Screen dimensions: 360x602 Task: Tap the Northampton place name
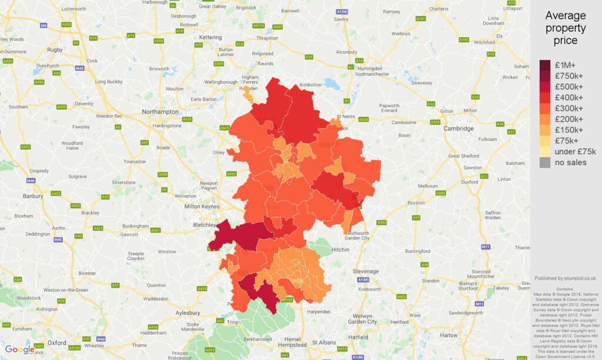coord(160,111)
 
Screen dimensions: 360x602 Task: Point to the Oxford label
coord(57,342)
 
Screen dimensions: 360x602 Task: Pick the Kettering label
coord(210,37)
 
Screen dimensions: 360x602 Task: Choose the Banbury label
coord(32,196)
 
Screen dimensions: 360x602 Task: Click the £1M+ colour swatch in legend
coord(546,65)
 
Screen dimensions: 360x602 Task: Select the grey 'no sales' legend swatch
coord(546,162)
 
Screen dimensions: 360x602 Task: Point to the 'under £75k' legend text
coord(572,152)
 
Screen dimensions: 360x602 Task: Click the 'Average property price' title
coord(565,28)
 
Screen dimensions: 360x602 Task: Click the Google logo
coord(20,349)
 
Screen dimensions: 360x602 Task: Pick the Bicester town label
coord(87,273)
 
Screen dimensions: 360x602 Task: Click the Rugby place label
coord(55,50)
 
